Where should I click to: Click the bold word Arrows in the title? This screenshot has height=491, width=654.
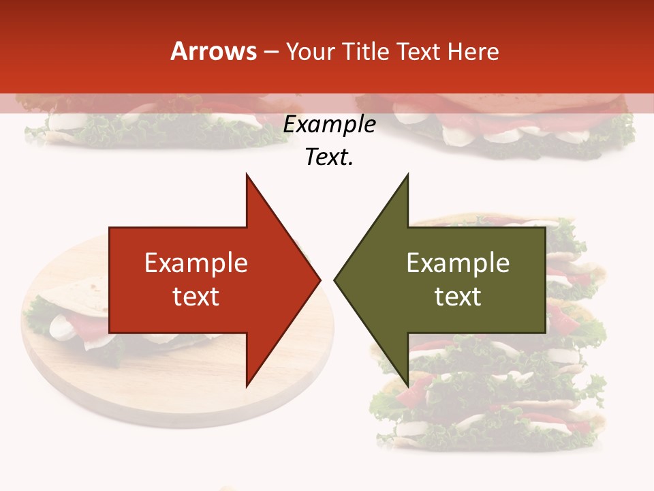click(214, 51)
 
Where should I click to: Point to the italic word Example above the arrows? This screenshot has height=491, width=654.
click(330, 124)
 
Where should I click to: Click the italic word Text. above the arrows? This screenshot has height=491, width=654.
click(330, 157)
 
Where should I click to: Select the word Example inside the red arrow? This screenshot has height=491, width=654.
click(196, 263)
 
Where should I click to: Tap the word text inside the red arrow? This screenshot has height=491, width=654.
click(196, 297)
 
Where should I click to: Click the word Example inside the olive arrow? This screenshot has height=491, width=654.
click(458, 263)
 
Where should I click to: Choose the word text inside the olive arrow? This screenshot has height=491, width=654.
click(458, 297)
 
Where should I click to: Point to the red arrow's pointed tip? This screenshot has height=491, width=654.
click(320, 280)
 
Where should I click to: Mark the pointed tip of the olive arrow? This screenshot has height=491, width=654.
click(334, 280)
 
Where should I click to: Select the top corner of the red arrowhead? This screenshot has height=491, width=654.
click(247, 175)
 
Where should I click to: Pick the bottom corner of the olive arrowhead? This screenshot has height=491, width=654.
click(407, 385)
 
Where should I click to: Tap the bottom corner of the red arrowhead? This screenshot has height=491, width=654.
click(247, 385)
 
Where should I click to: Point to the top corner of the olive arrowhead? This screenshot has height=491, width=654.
click(407, 175)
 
